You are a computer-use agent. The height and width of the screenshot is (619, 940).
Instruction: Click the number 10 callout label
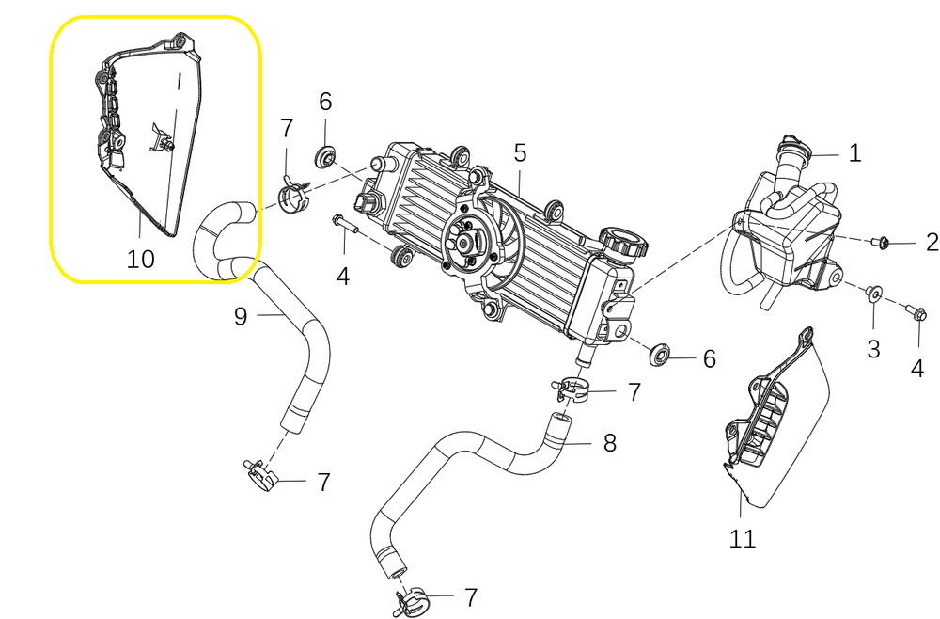(141, 258)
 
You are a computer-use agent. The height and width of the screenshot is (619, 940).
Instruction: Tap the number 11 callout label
(743, 538)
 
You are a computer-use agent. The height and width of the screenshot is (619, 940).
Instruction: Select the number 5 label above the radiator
(519, 151)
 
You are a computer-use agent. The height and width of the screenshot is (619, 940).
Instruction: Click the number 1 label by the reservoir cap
(854, 153)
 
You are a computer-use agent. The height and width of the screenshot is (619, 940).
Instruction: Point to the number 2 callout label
(931, 243)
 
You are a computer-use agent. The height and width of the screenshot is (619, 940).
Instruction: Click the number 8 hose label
(609, 441)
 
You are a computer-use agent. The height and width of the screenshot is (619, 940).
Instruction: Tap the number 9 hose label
(241, 316)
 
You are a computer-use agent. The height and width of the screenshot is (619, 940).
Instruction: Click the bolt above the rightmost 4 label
(916, 312)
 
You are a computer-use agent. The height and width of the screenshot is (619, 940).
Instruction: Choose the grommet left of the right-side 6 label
(659, 355)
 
